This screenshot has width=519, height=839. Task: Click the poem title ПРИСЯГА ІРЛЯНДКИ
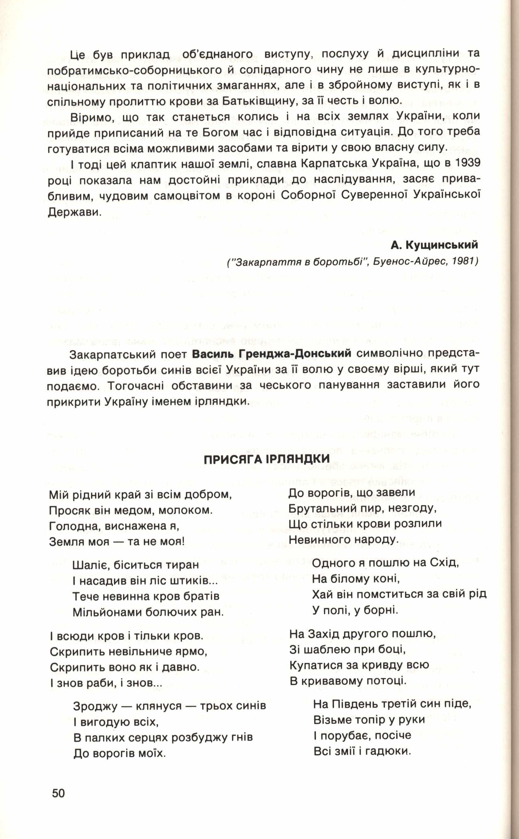[x=266, y=459]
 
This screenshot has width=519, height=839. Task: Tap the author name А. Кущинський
[x=434, y=244]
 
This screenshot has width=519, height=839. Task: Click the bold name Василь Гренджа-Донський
[x=272, y=354]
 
